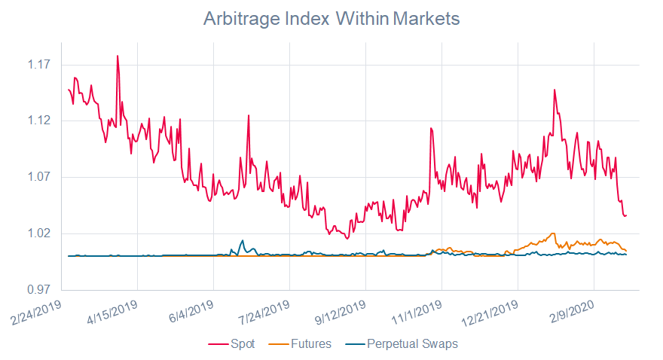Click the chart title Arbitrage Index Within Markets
tap(331, 19)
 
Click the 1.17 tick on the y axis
tap(39, 65)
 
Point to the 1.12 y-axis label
tap(39, 121)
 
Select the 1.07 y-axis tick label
tap(39, 177)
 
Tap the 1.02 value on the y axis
tap(39, 233)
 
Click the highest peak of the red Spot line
tap(118, 56)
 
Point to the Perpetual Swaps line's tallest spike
tap(243, 240)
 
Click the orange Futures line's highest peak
tap(554, 233)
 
